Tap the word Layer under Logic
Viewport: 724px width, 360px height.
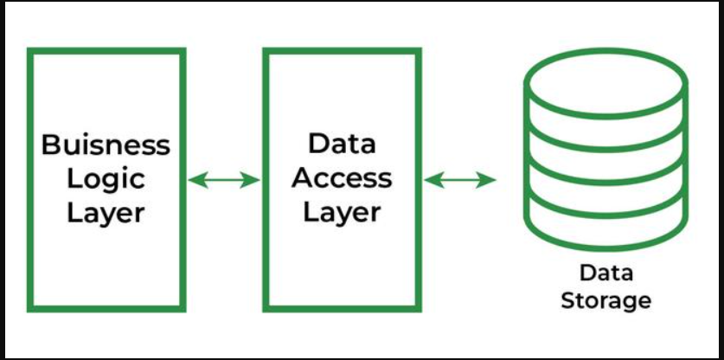pos(106,212)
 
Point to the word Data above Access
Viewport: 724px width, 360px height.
pos(342,143)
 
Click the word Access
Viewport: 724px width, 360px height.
pos(342,177)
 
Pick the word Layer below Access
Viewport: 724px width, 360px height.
pos(342,212)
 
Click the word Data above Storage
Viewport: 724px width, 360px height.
pos(605,273)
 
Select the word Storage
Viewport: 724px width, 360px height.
pos(605,300)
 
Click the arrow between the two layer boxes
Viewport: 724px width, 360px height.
pos(224,180)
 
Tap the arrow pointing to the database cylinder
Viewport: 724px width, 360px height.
pos(460,180)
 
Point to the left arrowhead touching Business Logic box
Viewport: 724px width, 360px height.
pos(195,180)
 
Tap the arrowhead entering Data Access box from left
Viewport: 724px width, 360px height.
pos(253,180)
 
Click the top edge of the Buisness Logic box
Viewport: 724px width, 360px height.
pos(106,51)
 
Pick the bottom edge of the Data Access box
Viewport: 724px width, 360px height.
pos(342,307)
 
